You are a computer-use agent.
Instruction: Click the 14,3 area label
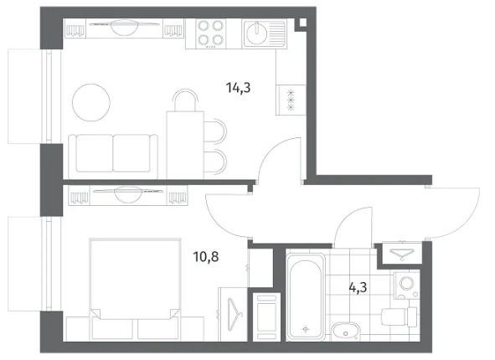point(239,88)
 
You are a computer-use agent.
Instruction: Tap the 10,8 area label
point(206,257)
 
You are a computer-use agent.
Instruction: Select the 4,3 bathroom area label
point(358,288)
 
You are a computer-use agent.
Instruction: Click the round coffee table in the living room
point(91,102)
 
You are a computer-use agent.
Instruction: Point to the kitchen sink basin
point(256,33)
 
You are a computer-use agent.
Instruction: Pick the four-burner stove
point(210,33)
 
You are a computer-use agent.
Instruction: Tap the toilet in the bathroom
point(400,316)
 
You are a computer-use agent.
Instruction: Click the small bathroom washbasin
point(346,331)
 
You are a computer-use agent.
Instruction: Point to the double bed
point(135,289)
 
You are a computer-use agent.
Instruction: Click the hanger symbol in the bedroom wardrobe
point(234,314)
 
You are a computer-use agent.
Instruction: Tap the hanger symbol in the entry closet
point(402,254)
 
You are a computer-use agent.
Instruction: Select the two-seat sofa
point(113,154)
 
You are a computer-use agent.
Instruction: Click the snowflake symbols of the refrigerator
point(291,100)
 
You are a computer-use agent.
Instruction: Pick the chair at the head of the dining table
point(185,99)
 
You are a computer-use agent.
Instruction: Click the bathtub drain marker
point(305,329)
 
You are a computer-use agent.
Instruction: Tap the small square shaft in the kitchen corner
point(302,23)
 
